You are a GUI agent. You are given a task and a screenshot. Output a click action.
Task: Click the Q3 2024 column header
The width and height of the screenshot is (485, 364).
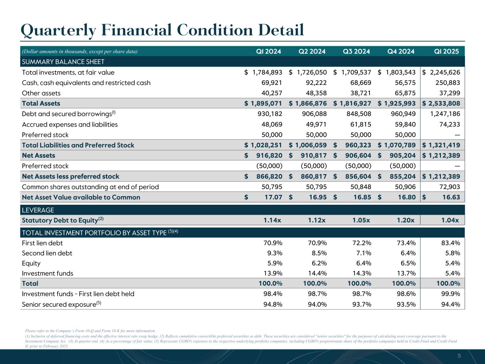click(356, 51)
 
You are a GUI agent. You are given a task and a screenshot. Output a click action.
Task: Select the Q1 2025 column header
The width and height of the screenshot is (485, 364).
click(446, 51)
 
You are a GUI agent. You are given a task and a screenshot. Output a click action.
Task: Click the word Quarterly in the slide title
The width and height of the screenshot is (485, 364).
click(58, 31)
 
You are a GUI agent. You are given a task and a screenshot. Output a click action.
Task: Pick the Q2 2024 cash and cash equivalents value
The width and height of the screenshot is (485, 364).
click(315, 83)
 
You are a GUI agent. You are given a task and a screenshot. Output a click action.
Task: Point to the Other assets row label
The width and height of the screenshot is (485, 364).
click(41, 93)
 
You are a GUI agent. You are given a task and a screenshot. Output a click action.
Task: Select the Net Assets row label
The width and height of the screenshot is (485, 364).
click(38, 155)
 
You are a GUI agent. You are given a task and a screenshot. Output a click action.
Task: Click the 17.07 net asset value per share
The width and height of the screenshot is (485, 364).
click(273, 197)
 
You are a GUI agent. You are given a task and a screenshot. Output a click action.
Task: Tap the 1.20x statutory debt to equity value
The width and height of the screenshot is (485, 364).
click(405, 220)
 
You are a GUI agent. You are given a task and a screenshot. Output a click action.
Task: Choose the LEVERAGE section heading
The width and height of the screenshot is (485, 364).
click(38, 210)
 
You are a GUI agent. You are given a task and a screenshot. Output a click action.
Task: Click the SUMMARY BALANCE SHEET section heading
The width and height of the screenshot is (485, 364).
click(63, 62)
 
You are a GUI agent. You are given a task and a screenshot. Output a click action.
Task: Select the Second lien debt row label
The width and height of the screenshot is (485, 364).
click(47, 253)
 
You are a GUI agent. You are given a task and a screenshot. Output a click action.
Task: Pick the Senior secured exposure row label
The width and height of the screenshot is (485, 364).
click(59, 304)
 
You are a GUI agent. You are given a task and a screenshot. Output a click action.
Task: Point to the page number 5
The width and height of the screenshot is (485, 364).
click(459, 356)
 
